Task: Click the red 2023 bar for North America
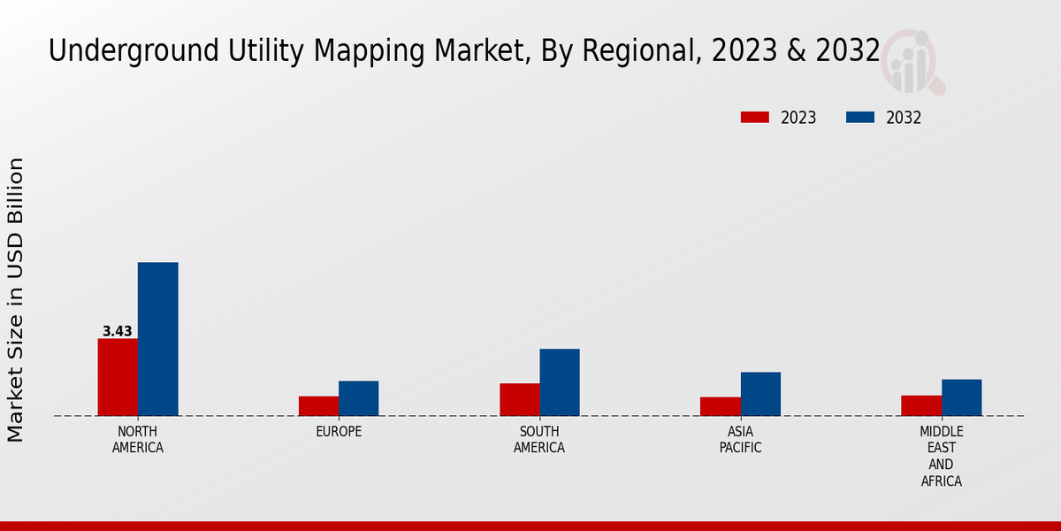click(x=118, y=377)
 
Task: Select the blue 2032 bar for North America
click(x=157, y=339)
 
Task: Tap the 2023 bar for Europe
click(x=318, y=405)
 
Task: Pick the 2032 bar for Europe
click(x=358, y=398)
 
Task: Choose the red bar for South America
click(x=519, y=399)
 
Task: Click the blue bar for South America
click(x=560, y=382)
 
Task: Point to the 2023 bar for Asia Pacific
click(x=720, y=406)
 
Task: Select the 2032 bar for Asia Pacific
click(x=760, y=394)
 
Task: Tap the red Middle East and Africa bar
click(x=921, y=405)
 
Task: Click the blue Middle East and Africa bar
click(x=961, y=397)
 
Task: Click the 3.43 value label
click(x=117, y=331)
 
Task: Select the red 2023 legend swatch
click(x=755, y=118)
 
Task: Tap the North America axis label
click(x=138, y=440)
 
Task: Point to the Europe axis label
click(x=339, y=432)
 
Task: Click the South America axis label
click(x=539, y=440)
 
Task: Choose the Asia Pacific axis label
click(x=740, y=440)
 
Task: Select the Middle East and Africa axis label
click(x=941, y=457)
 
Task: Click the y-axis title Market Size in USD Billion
click(x=16, y=299)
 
